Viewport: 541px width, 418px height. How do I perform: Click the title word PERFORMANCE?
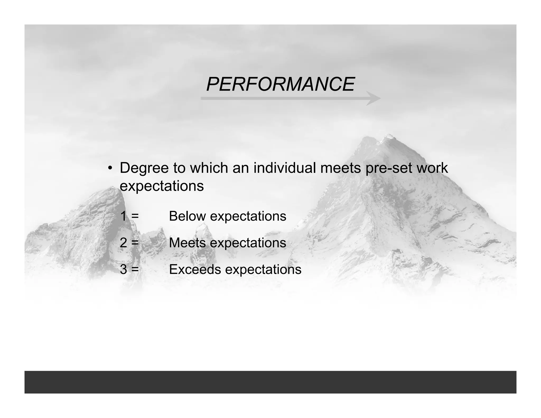click(x=280, y=84)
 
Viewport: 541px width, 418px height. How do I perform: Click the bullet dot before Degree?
click(x=110, y=169)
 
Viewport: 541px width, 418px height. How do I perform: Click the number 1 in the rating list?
click(x=123, y=216)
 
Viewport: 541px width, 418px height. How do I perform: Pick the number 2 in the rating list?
click(x=123, y=243)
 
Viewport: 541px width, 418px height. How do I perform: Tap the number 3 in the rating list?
click(x=123, y=269)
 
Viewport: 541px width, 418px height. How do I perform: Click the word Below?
click(x=187, y=216)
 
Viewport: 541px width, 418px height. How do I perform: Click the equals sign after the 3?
click(x=135, y=270)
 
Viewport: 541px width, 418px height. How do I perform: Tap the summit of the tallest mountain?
click(x=388, y=137)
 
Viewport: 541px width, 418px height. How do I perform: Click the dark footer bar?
click(x=270, y=382)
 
